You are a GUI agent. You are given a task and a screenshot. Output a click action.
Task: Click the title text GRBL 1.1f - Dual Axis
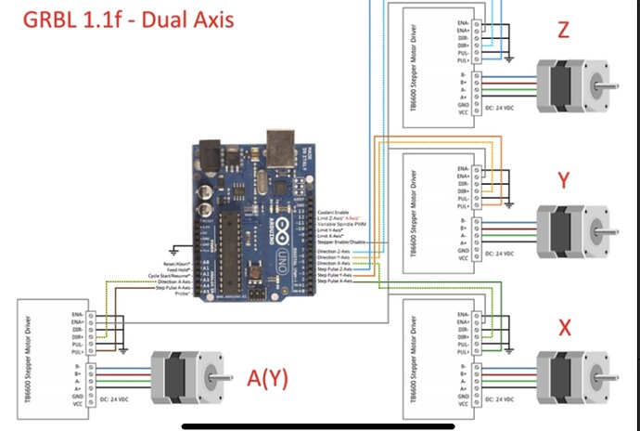coord(129,20)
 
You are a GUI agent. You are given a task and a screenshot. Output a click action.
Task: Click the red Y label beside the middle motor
coord(563,179)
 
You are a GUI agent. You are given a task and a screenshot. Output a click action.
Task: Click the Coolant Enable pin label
coord(333,213)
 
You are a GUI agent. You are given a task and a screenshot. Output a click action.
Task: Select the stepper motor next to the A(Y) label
coord(185,378)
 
